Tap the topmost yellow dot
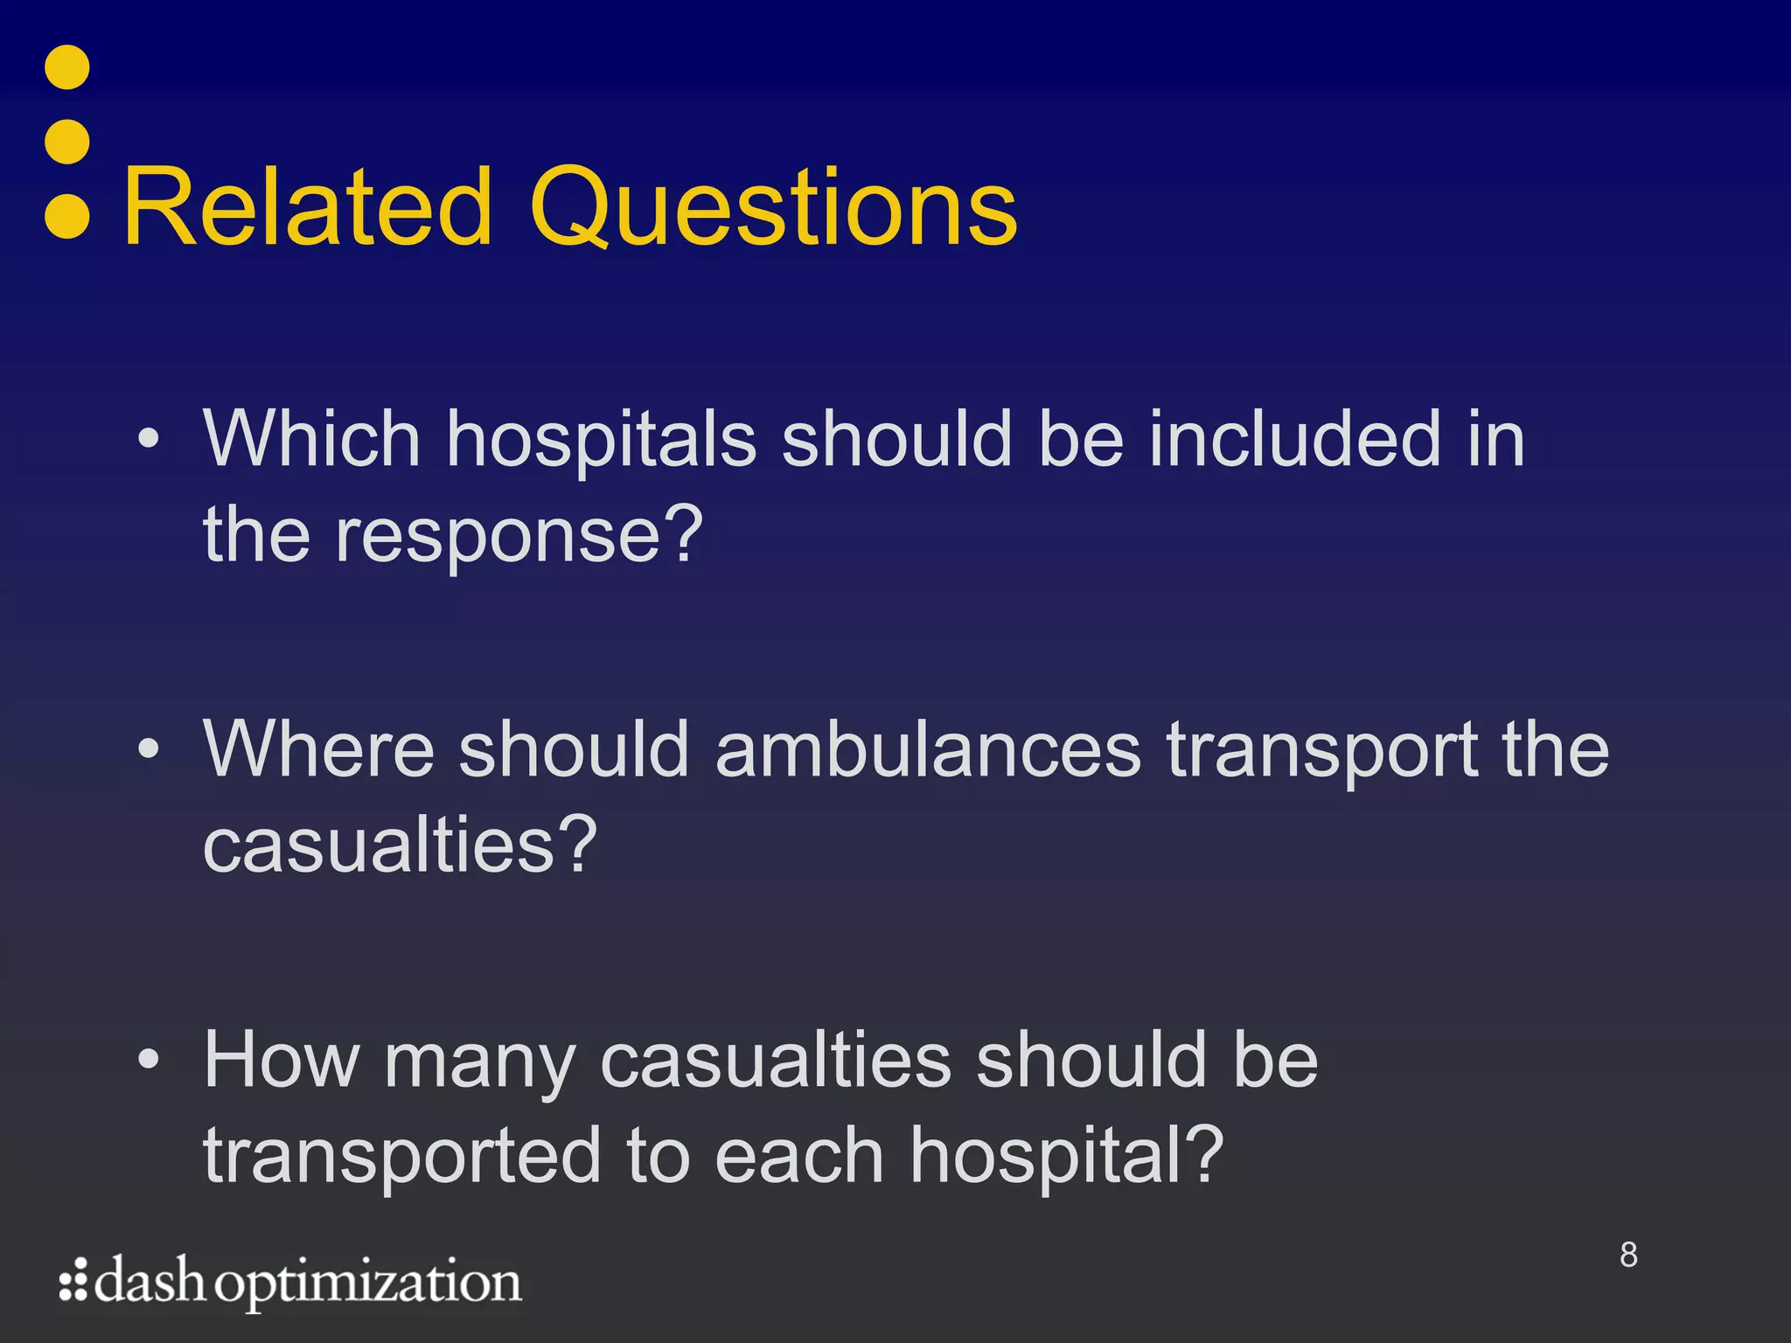click(x=67, y=67)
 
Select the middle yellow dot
click(x=67, y=142)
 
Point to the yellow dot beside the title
click(x=67, y=216)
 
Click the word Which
click(x=312, y=439)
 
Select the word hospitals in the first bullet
click(x=602, y=439)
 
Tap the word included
click(x=1294, y=439)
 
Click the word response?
click(x=519, y=535)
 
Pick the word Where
click(x=318, y=749)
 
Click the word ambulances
click(x=929, y=749)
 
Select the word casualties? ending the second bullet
click(x=401, y=845)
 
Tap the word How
click(x=282, y=1060)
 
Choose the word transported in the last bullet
click(x=402, y=1156)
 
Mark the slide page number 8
click(x=1628, y=1255)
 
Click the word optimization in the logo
click(x=368, y=1284)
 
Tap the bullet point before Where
click(x=149, y=749)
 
